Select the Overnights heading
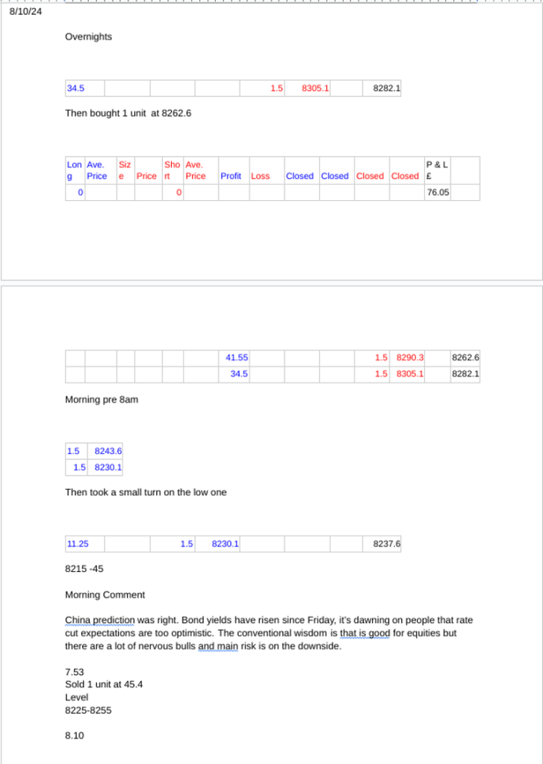88,37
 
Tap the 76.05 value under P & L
437,193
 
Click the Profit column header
231,176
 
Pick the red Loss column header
260,176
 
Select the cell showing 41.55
238,358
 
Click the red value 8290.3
410,358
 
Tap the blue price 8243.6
108,451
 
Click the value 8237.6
386,544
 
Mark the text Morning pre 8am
102,400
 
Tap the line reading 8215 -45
84,569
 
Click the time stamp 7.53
75,672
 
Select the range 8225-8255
88,710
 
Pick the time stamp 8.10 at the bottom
75,736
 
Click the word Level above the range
77,698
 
